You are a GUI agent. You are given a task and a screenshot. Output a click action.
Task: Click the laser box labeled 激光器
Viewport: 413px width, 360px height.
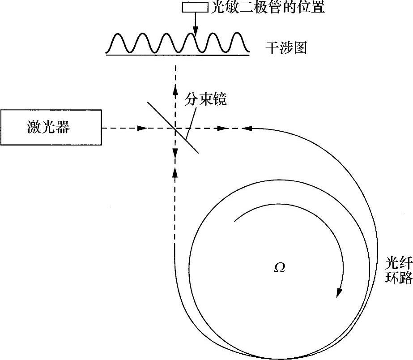pyautogui.click(x=51, y=127)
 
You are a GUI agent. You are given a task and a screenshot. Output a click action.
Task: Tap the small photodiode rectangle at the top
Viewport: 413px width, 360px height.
pyautogui.click(x=195, y=8)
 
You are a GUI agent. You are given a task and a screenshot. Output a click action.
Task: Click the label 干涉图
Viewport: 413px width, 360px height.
pyautogui.click(x=286, y=48)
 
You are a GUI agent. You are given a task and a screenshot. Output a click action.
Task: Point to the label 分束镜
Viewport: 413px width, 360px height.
pyautogui.click(x=206, y=99)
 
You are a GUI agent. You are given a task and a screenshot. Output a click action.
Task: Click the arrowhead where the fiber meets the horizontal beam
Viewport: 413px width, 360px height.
pyautogui.click(x=247, y=129)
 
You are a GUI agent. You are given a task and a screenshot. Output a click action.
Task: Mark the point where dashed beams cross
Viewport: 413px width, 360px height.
pyautogui.click(x=175, y=129)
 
